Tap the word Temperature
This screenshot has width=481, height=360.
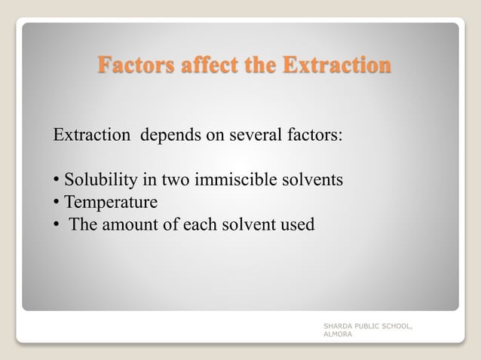[x=111, y=203]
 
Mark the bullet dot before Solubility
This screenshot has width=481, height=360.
[x=57, y=182]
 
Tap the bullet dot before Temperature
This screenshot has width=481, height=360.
[x=57, y=203]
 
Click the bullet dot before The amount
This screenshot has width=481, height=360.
[x=57, y=225]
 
